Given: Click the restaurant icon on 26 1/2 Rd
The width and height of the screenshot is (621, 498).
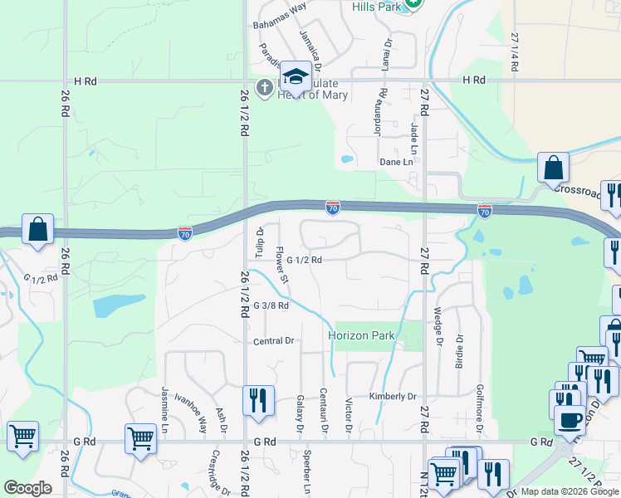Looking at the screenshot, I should pyautogui.click(x=258, y=400).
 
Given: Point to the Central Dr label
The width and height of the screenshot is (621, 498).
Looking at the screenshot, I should pyautogui.click(x=274, y=341).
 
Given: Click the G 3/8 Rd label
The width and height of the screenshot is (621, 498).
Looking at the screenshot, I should pyautogui.click(x=271, y=305).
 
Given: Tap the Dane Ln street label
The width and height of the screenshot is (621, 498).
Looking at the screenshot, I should pyautogui.click(x=396, y=162).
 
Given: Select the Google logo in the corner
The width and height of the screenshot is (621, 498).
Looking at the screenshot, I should pyautogui.click(x=27, y=488).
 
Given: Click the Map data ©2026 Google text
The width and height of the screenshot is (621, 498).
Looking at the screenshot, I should pyautogui.click(x=569, y=491).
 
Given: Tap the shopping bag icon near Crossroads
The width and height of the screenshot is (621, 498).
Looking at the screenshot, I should pyautogui.click(x=553, y=168).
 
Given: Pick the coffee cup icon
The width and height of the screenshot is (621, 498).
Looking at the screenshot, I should pyautogui.click(x=570, y=421).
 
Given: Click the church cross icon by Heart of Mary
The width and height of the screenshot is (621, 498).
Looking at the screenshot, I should pyautogui.click(x=265, y=87).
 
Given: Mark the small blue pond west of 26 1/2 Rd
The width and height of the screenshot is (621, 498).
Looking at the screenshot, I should pyautogui.click(x=108, y=306).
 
